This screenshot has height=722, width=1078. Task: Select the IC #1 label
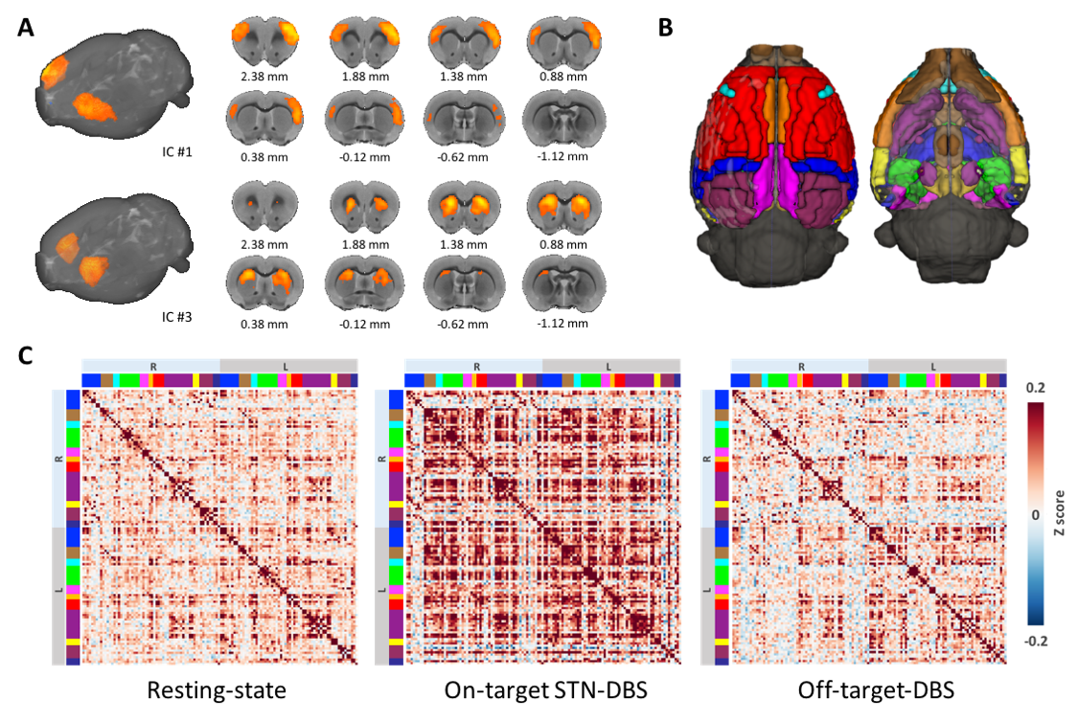pos(180,149)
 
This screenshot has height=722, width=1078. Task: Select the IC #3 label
pos(180,310)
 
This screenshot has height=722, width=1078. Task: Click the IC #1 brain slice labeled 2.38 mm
pos(262,39)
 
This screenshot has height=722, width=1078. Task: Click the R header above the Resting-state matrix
pos(151,366)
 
